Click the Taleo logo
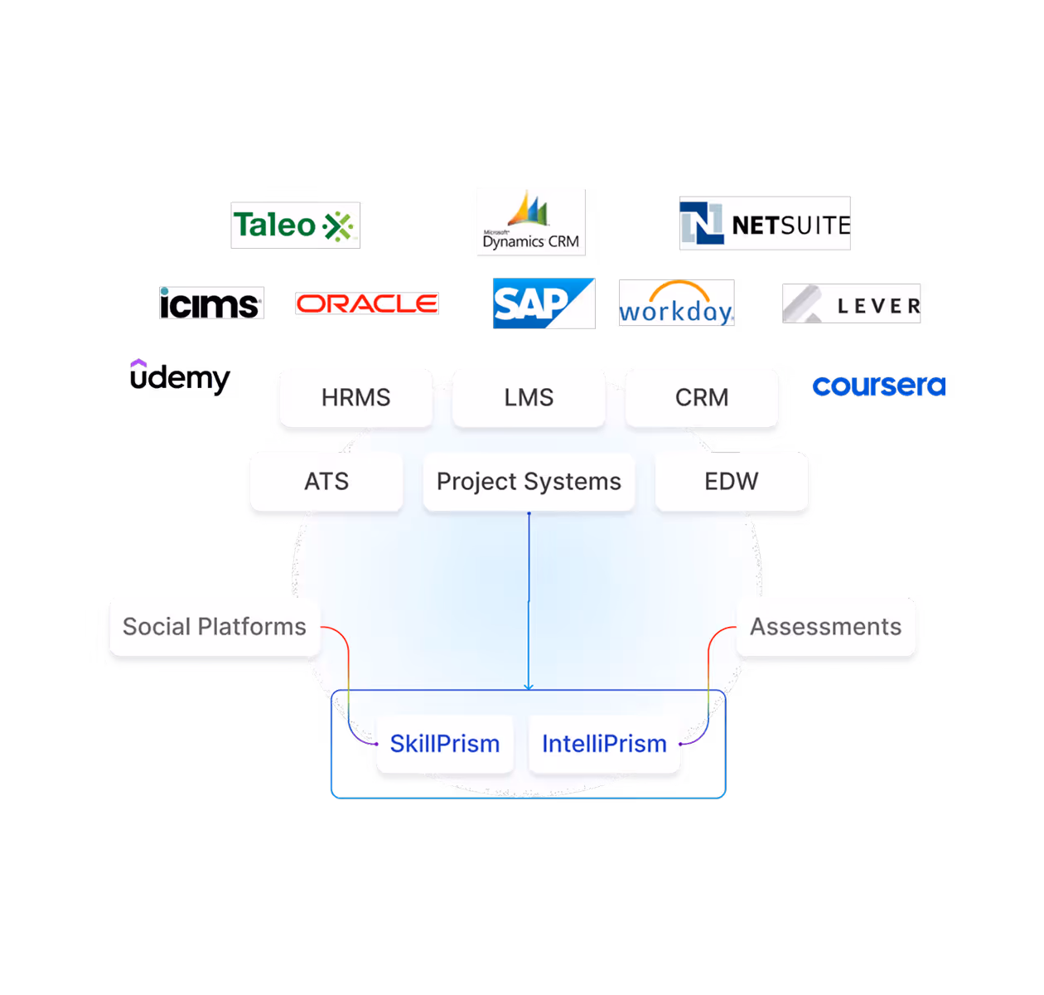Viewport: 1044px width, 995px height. [295, 225]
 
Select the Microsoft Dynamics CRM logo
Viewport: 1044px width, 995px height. [530, 222]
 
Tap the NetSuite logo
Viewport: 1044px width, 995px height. [764, 223]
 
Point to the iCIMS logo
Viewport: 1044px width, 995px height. [211, 303]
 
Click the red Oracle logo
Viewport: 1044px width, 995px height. [367, 303]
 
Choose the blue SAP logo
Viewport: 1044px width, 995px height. [544, 303]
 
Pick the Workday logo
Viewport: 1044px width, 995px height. [676, 303]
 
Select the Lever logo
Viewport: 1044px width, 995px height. [851, 303]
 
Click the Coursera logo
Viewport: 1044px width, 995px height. [878, 386]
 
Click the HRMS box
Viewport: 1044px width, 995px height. [355, 398]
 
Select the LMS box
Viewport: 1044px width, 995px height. [529, 398]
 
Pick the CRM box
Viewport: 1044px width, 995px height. [702, 398]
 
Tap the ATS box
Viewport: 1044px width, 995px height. [326, 482]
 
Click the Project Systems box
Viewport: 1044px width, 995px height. [529, 482]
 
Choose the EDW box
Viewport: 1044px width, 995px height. [731, 482]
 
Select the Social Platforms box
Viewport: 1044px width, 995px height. [214, 627]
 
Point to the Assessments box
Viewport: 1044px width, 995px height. [825, 627]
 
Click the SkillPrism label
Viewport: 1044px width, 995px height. [445, 744]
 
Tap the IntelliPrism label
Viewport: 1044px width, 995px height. [604, 744]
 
